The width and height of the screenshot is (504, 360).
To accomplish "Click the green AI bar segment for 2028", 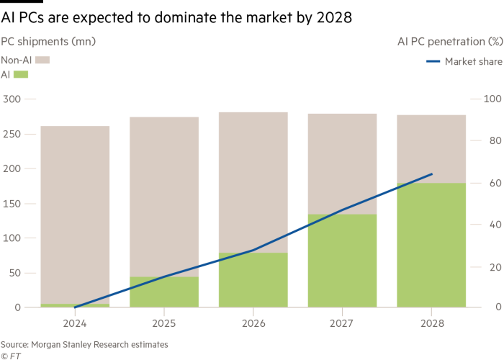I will click(x=431, y=245).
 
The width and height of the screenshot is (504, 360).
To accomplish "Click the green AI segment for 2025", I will click(x=163, y=292).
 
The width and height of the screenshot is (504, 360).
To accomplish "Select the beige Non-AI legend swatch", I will click(x=42, y=60).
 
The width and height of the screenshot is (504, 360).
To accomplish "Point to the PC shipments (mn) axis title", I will click(x=48, y=41).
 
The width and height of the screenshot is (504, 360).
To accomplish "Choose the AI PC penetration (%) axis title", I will click(x=449, y=41).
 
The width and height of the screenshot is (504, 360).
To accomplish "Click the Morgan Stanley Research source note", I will click(x=84, y=345).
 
